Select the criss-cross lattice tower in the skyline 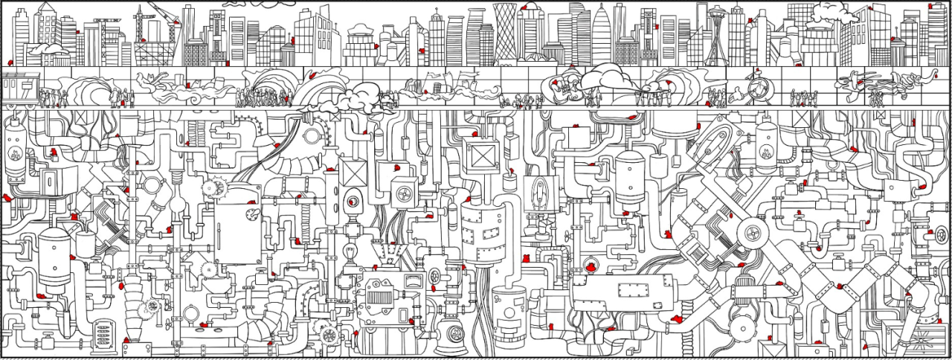click(x=506, y=33)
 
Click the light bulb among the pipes click(x=349, y=253)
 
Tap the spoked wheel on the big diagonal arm click(x=752, y=234)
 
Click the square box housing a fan click(x=405, y=193)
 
